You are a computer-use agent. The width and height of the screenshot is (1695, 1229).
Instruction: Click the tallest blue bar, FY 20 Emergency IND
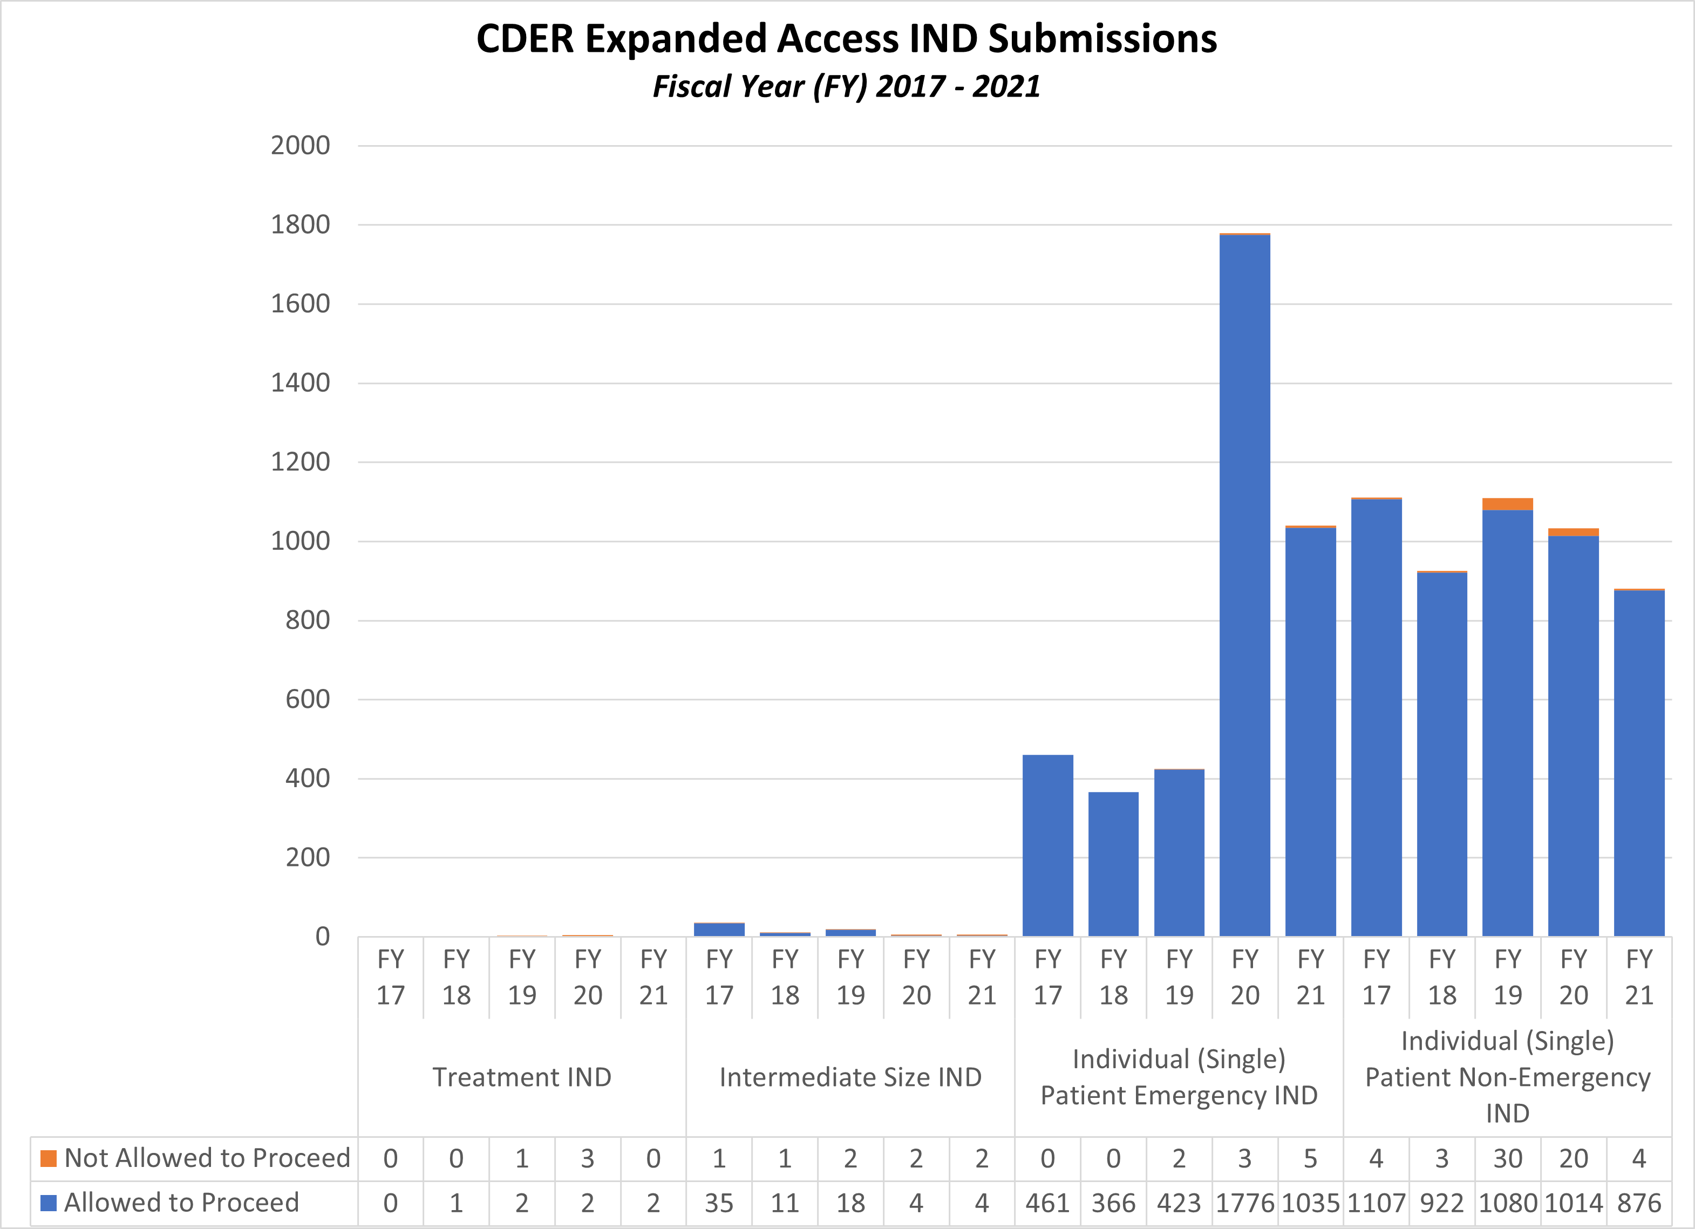(1244, 583)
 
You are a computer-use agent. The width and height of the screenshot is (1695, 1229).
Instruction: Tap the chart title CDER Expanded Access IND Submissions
(847, 38)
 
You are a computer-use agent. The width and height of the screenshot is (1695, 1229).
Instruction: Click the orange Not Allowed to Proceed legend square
(49, 1158)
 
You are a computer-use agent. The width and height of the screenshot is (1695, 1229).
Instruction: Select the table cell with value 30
(1507, 1158)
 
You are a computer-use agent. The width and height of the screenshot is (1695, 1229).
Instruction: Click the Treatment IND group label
(522, 1077)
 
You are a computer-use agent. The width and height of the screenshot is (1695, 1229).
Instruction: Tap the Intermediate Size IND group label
(850, 1077)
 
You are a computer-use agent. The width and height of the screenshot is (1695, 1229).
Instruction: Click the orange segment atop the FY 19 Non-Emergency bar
(1507, 504)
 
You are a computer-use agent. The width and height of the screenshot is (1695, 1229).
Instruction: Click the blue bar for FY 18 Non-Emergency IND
(1442, 755)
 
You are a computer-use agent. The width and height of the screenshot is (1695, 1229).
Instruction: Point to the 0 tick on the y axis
(322, 936)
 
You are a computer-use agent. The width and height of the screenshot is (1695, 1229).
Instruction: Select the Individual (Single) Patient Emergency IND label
(1179, 1077)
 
